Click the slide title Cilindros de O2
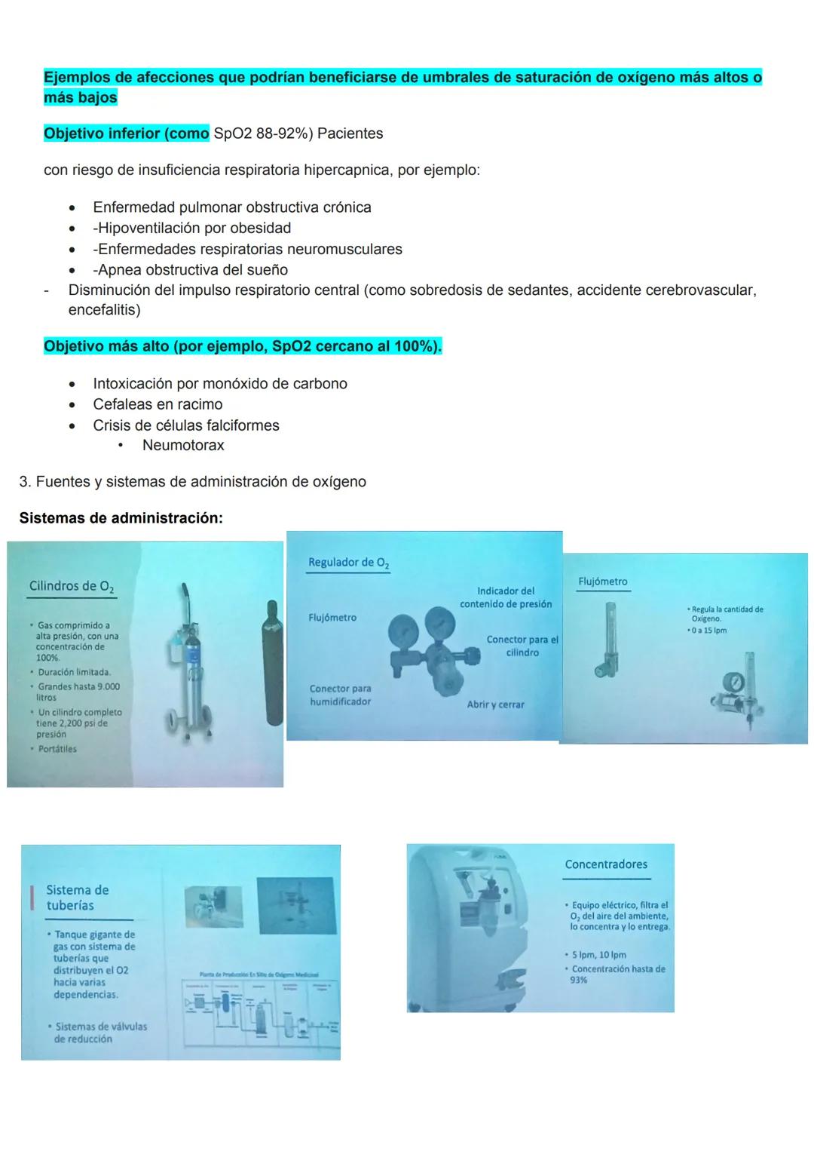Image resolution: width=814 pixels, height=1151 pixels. coord(72,587)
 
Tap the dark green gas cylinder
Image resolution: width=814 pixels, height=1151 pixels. coord(272,661)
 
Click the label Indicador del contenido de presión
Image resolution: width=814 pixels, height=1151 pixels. coord(506,597)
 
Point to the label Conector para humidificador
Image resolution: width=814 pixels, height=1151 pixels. coord(340,695)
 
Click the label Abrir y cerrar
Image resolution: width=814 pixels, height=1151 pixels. coord(495,704)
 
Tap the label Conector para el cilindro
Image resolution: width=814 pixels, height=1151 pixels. coord(522,646)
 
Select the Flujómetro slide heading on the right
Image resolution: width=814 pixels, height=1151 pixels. coord(602,582)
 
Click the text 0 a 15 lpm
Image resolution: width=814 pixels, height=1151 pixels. coord(709,631)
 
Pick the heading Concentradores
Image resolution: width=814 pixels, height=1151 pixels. coord(606,864)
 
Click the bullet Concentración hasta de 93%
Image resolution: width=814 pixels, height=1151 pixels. coord(617,974)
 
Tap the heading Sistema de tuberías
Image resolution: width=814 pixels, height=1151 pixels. coord(78,898)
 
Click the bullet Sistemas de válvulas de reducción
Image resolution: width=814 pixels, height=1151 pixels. coord(99,1033)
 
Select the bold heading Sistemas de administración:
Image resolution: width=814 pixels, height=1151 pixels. coord(121,518)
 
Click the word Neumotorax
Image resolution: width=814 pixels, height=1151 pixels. coord(183,445)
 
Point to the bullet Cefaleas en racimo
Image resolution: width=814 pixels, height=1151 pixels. coord(158,404)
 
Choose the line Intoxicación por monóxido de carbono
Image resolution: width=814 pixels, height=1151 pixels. coord(219,383)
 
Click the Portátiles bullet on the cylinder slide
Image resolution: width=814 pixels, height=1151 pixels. coord(57,749)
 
